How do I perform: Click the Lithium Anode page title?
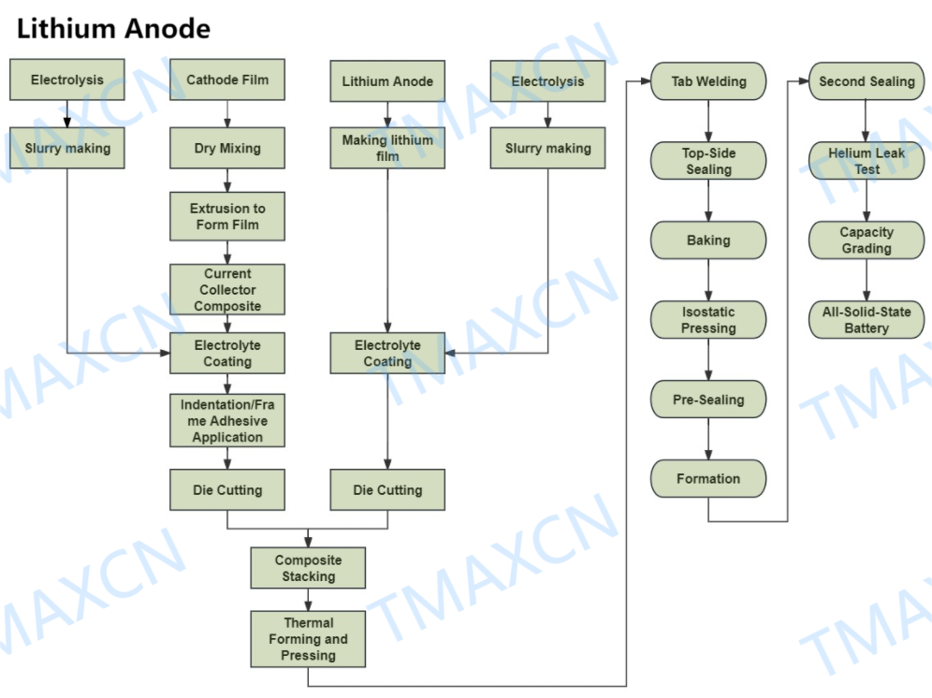tap(113, 28)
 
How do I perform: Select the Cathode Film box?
tap(227, 80)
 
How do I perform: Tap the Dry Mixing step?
tap(227, 148)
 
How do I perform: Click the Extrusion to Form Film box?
tap(227, 216)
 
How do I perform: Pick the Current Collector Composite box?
tap(227, 290)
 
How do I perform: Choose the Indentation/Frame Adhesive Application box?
tap(227, 420)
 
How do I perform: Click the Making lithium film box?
tap(387, 148)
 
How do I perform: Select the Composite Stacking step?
tap(308, 568)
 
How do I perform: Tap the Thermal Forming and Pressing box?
tap(308, 639)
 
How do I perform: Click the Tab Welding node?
tap(708, 81)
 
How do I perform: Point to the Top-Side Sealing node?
tap(708, 161)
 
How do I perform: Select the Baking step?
tap(708, 240)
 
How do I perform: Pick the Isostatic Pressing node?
tap(708, 320)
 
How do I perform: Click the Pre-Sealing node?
tap(708, 400)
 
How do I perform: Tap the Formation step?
tap(708, 479)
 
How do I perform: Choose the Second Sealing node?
tap(866, 81)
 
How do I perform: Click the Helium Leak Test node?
tap(866, 161)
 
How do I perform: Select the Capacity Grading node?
tap(866, 240)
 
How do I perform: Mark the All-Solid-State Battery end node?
tap(866, 320)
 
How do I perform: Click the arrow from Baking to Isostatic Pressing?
tap(708, 280)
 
